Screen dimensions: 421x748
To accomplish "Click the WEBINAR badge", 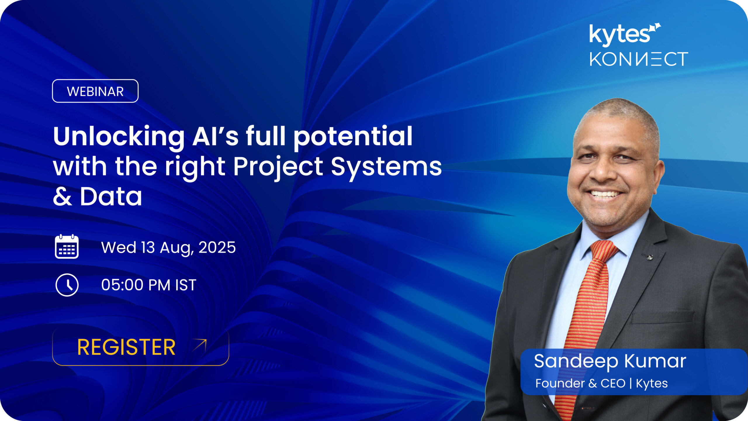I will [x=95, y=91].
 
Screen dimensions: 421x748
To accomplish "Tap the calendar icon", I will [x=67, y=247].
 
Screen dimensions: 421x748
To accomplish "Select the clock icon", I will [x=67, y=285].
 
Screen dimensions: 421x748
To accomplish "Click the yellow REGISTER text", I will [x=126, y=347].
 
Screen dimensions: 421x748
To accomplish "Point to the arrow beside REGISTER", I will [x=200, y=345].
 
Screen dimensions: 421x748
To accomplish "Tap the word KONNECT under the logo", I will [x=639, y=59].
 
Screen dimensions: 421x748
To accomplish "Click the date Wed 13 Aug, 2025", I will [x=168, y=247].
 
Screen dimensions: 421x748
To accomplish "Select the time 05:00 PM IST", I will [x=149, y=285].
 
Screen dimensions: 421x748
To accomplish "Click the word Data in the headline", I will [x=111, y=196].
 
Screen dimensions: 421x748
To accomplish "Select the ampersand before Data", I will [x=63, y=196].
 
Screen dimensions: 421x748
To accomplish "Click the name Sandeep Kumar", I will [x=610, y=361].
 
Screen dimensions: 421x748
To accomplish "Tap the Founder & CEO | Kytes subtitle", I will [x=601, y=383].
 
